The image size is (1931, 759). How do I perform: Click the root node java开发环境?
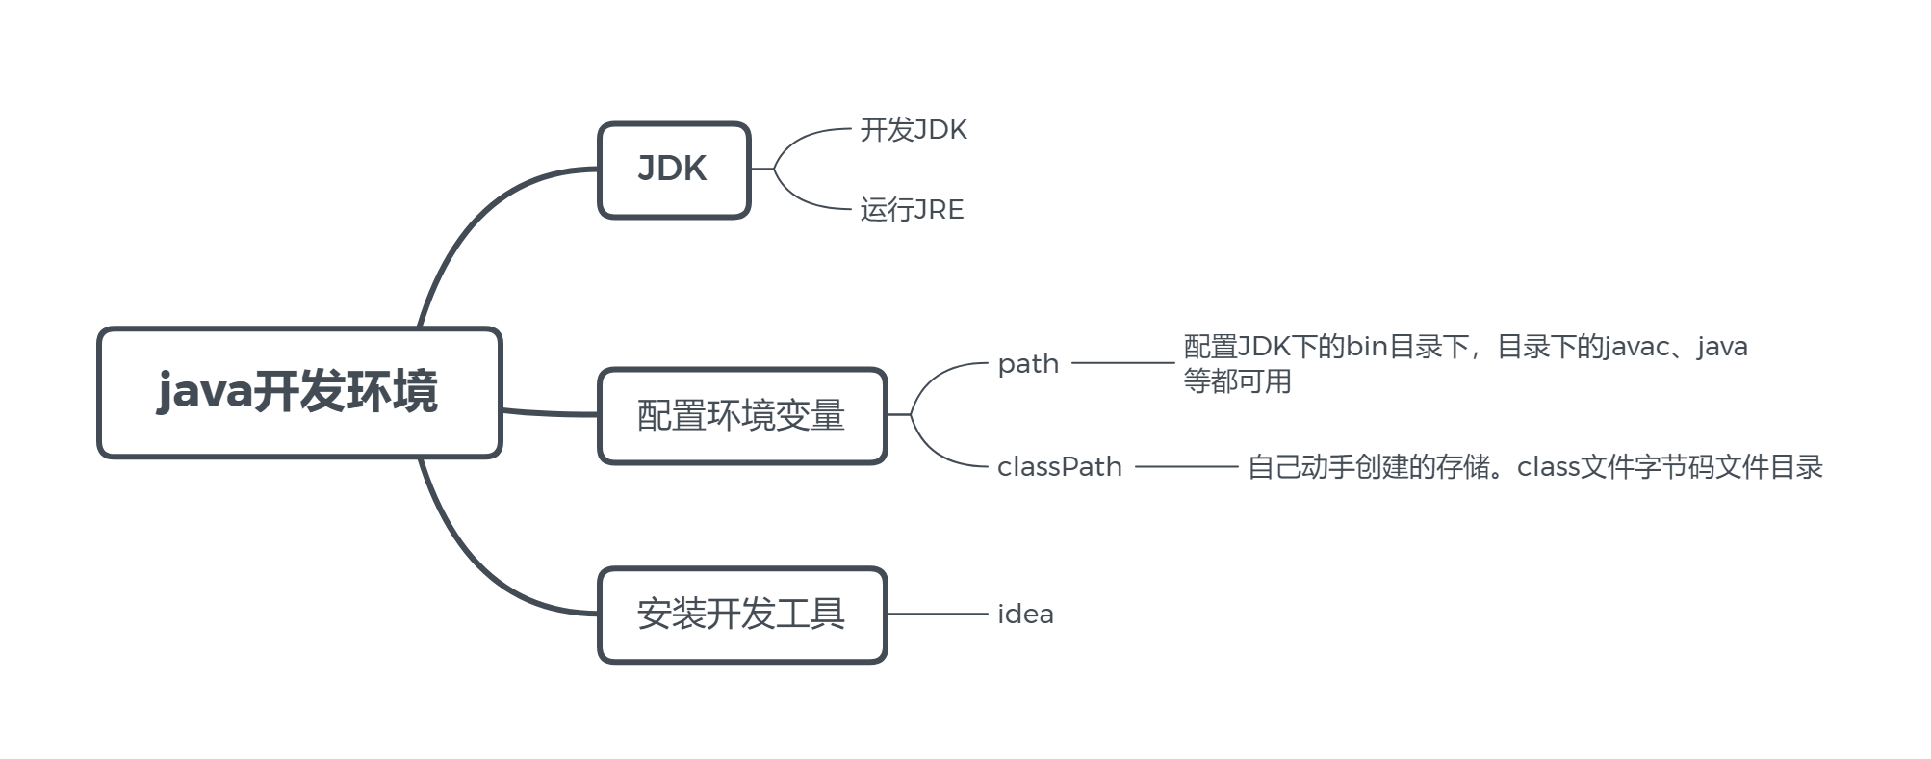click(299, 392)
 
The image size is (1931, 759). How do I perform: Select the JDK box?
click(673, 170)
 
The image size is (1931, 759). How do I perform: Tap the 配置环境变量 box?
click(741, 416)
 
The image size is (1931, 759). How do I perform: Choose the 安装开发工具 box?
click(741, 615)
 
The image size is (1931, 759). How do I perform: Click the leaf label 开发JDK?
click(913, 130)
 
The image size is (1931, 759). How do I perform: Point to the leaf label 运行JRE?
click(912, 210)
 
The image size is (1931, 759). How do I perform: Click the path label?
click(1028, 364)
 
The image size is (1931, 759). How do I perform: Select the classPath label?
click(1059, 467)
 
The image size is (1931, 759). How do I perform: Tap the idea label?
click(1025, 615)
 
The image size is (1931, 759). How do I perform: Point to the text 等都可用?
click(1237, 381)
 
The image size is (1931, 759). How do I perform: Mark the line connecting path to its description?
click(1122, 363)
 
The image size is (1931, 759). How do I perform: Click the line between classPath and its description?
click(1186, 467)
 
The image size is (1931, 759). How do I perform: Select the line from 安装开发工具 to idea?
click(939, 614)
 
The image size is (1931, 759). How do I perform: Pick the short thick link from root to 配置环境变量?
click(549, 413)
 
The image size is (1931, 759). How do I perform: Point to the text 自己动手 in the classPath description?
click(1300, 467)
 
